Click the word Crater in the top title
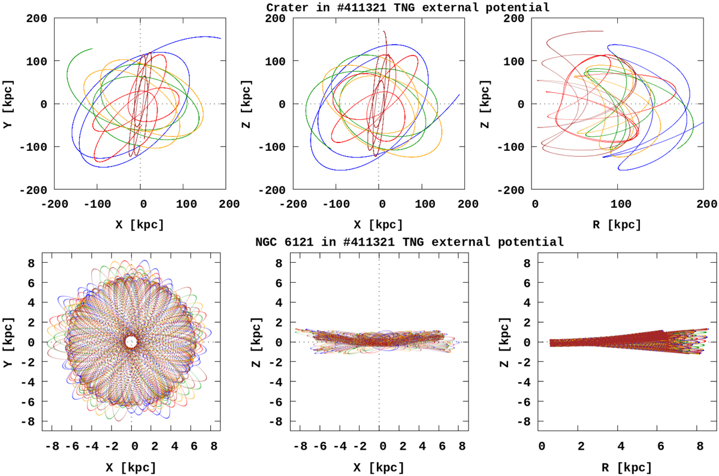click(286, 7)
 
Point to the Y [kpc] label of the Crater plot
click(11, 104)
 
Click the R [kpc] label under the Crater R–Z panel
click(619, 225)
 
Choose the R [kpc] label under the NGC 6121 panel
click(619, 466)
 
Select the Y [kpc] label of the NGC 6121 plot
click(11, 342)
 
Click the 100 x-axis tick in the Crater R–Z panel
click(620, 204)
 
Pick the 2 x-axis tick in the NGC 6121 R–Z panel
click(581, 446)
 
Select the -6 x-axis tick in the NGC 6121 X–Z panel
click(321, 446)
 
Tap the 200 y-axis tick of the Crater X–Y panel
click(37, 18)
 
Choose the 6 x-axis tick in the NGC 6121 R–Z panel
click(660, 446)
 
